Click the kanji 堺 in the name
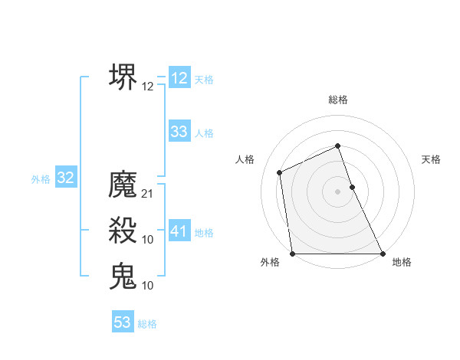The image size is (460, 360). (123, 77)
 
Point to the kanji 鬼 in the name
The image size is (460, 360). (123, 276)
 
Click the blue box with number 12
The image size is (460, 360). (179, 77)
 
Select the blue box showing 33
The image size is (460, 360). (179, 131)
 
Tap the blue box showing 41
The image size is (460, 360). (179, 231)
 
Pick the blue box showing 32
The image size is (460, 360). (66, 178)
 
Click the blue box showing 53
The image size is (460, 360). (123, 322)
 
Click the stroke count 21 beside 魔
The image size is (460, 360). (148, 194)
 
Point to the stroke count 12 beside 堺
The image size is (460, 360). (148, 87)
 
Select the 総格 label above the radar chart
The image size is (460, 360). (338, 100)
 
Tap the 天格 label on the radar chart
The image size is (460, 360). (431, 159)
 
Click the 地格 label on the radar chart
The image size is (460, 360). (402, 263)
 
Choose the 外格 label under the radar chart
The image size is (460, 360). (270, 263)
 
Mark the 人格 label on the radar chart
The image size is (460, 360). (245, 159)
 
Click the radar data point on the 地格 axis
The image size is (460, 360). (382, 253)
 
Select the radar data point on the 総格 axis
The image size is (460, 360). (338, 146)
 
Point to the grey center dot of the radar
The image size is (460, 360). (338, 191)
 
